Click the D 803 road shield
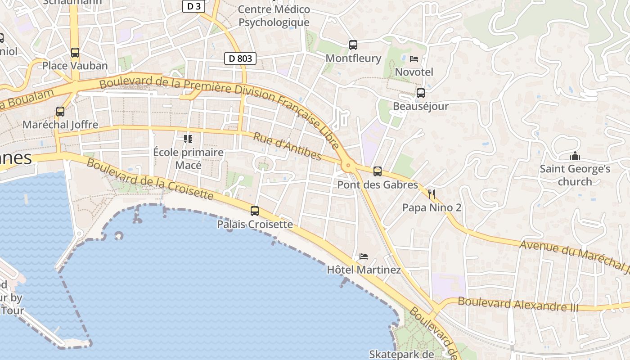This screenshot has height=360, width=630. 240,58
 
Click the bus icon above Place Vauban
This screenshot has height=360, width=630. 75,52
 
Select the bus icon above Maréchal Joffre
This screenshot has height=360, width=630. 60,111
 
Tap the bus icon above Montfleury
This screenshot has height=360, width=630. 353,45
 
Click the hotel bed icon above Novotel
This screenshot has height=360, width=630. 414,58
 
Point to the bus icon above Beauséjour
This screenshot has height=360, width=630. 421,93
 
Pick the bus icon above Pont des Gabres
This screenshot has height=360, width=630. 378,171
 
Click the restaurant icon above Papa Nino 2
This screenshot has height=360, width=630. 432,194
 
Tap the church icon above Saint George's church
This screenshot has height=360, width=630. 575,156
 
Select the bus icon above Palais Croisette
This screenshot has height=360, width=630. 255,211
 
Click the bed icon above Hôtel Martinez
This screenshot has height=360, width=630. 364,256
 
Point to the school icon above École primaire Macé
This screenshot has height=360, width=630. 188,139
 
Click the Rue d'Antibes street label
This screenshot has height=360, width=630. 287,146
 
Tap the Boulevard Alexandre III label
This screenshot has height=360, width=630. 518,304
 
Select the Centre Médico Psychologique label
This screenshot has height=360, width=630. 274,16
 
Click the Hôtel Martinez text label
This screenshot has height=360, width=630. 364,270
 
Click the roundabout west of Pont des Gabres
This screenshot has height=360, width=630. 347,166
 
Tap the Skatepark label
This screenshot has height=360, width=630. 401,354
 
